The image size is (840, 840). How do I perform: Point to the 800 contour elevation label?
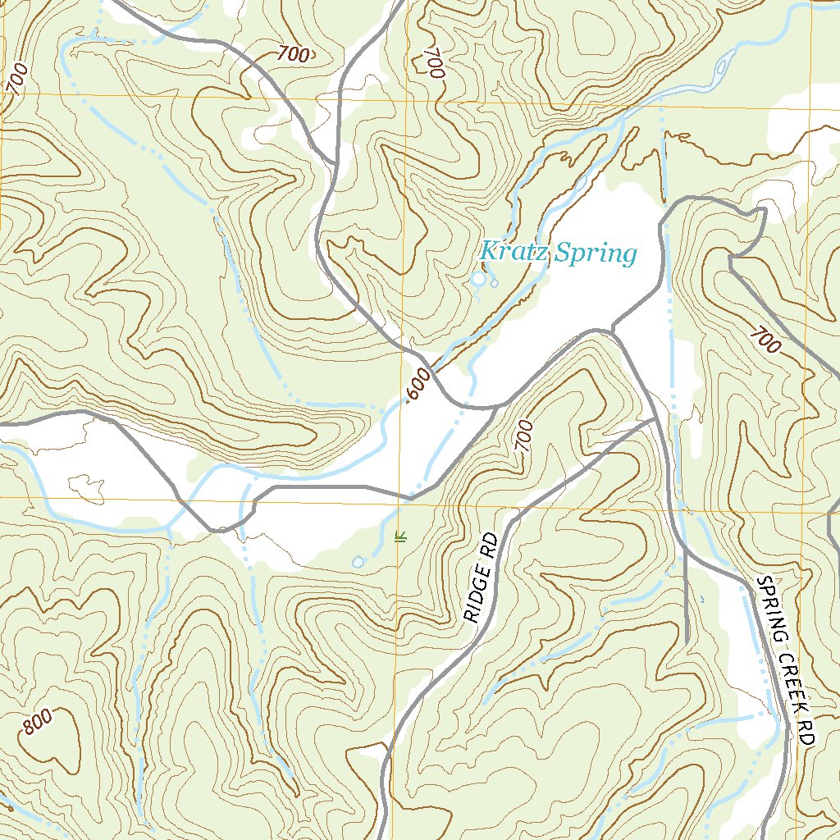point(38,722)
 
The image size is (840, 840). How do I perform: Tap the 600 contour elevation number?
point(418,386)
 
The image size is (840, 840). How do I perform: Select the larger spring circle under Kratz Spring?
point(478,281)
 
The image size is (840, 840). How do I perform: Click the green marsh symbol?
point(401,537)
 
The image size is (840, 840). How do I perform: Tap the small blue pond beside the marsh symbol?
point(358,562)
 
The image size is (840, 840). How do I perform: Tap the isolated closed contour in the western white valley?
point(86,487)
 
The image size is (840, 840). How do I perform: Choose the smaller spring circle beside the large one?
point(494,283)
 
